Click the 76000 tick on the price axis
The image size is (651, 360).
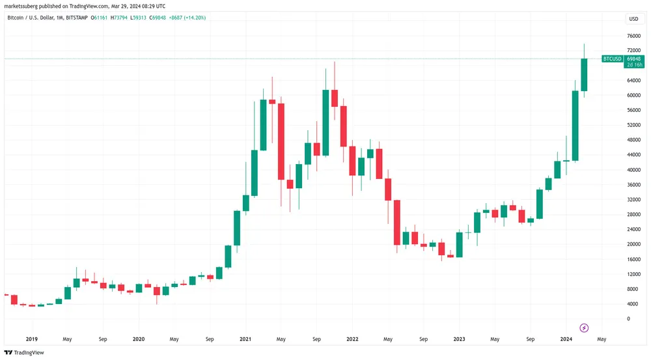tap(631, 36)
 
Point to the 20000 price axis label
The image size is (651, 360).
tap(631, 244)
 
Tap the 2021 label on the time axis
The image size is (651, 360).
tap(245, 339)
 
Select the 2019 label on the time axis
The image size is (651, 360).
tap(31, 339)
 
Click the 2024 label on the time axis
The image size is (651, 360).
tap(566, 339)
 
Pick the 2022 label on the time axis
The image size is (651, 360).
tap(352, 339)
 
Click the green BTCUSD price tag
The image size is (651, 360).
tap(612, 59)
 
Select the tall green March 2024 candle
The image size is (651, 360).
tap(584, 75)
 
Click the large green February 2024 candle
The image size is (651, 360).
tap(575, 126)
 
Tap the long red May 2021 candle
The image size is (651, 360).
tap(281, 141)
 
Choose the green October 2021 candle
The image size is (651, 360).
tap(325, 122)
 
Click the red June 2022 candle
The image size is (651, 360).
tap(397, 222)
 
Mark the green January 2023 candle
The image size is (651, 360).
tap(459, 245)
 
